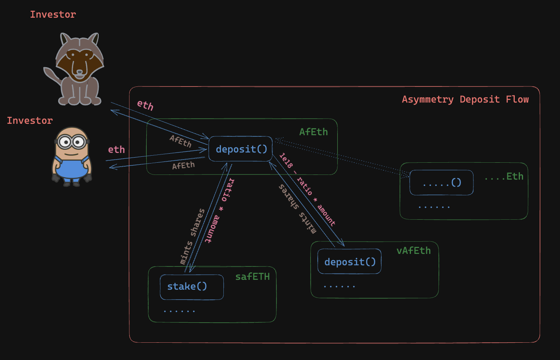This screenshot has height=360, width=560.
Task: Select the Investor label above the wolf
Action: click(53, 15)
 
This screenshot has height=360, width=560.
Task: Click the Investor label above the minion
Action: click(29, 121)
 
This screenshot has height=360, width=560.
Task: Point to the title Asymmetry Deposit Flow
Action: click(465, 99)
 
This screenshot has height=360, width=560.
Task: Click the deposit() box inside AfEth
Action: click(241, 149)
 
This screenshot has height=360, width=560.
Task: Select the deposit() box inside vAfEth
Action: click(349, 262)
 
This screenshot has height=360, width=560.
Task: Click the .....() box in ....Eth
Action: click(441, 183)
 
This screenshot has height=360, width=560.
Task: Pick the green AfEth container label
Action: click(313, 132)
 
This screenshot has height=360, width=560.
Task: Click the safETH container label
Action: click(252, 277)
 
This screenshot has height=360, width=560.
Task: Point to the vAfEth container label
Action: click(413, 251)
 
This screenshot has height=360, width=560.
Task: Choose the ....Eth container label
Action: click(504, 176)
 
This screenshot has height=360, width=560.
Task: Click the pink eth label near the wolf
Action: click(145, 105)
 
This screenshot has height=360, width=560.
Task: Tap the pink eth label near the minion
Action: click(116, 150)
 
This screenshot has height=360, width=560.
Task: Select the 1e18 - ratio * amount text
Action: click(307, 189)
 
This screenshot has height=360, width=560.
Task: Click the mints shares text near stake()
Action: click(192, 236)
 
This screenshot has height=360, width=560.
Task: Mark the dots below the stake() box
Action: click(179, 311)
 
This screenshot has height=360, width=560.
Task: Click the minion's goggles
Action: click(72, 141)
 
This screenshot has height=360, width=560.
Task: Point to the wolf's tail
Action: click(52, 76)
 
